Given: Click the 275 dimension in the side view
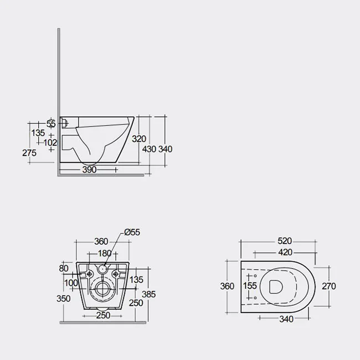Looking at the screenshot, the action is coord(29,153).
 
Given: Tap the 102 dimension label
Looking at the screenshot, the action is coord(50,143).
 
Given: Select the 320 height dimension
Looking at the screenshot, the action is coord(139,138).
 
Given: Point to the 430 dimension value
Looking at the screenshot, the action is coord(149,149).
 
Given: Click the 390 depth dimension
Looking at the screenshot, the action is coord(90,169).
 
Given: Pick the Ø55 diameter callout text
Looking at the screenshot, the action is coord(132,232).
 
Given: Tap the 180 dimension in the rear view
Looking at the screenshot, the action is coord(105,253).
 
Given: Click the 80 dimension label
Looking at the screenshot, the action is coord(64,269).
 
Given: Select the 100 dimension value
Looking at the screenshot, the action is coord(71,283).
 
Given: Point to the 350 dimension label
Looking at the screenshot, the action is coord(64,299).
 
